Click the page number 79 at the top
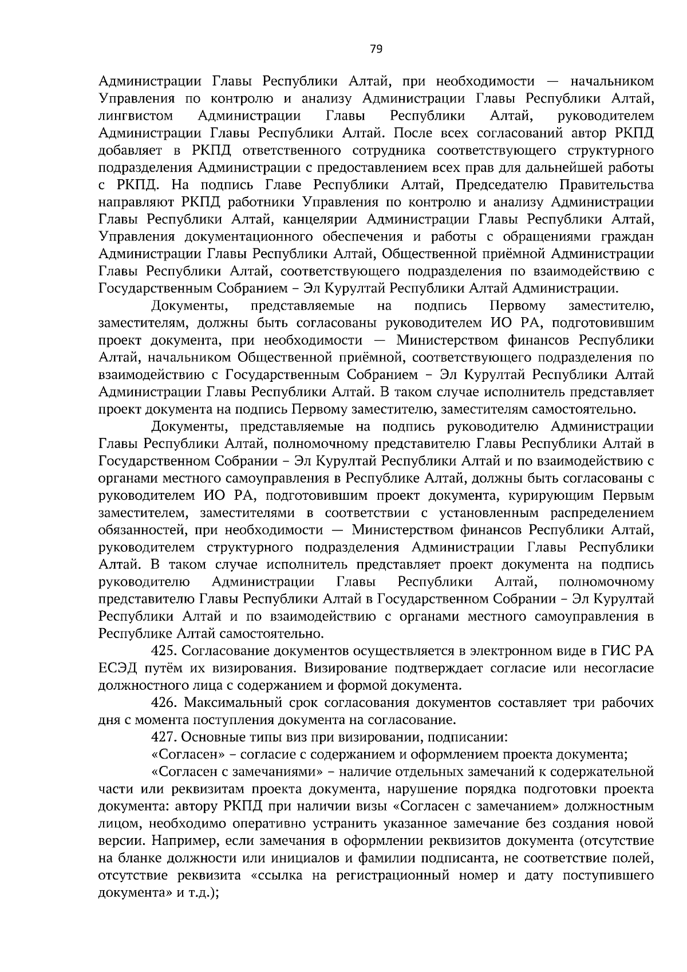376,49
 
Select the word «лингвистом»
136,116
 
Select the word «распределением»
603,513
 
